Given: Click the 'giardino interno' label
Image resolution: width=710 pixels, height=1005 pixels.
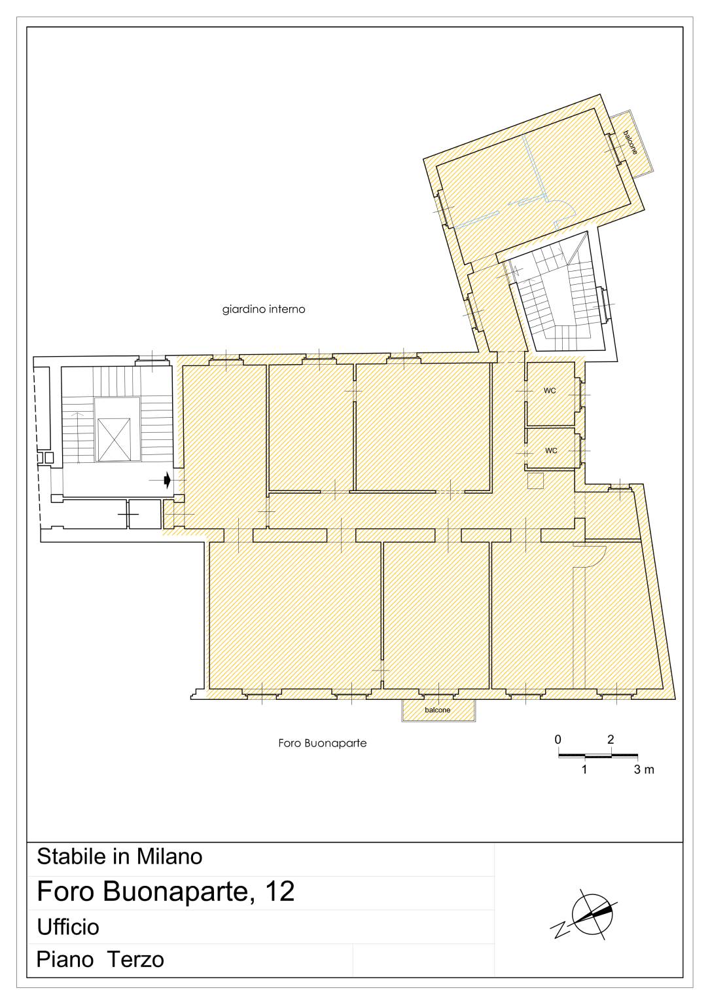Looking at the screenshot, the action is click(264, 309).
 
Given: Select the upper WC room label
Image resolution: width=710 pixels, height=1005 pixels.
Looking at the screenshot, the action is click(550, 391).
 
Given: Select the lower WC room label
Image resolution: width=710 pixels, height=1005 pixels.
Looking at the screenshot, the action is click(551, 450).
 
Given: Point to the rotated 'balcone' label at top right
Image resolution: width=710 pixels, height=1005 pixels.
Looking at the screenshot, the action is click(630, 142).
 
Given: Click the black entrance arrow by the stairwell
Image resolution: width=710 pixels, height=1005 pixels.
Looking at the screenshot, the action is click(167, 481).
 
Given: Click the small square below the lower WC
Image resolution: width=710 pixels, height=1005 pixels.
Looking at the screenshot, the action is click(535, 481).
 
